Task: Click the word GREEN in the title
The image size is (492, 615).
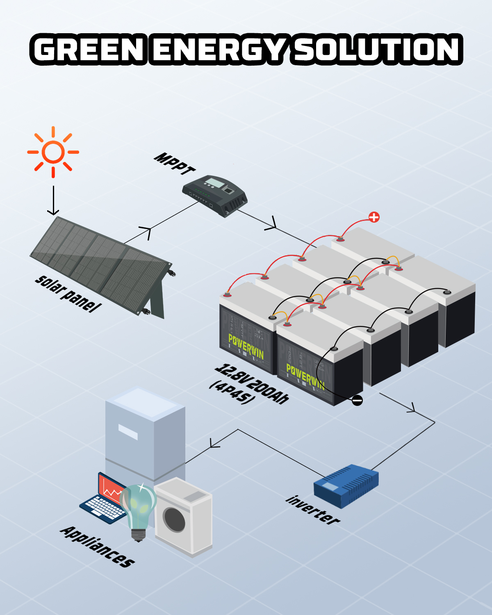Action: (x=89, y=50)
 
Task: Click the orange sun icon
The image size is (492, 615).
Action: (x=53, y=152)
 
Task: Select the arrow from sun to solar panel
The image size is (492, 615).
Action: (x=53, y=201)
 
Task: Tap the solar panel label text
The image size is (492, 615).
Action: (x=68, y=294)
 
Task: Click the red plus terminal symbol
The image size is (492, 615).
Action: (x=374, y=217)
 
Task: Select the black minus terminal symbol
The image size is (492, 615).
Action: (x=357, y=400)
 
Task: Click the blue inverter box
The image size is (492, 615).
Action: (x=346, y=486)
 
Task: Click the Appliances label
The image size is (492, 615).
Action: (x=98, y=547)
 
